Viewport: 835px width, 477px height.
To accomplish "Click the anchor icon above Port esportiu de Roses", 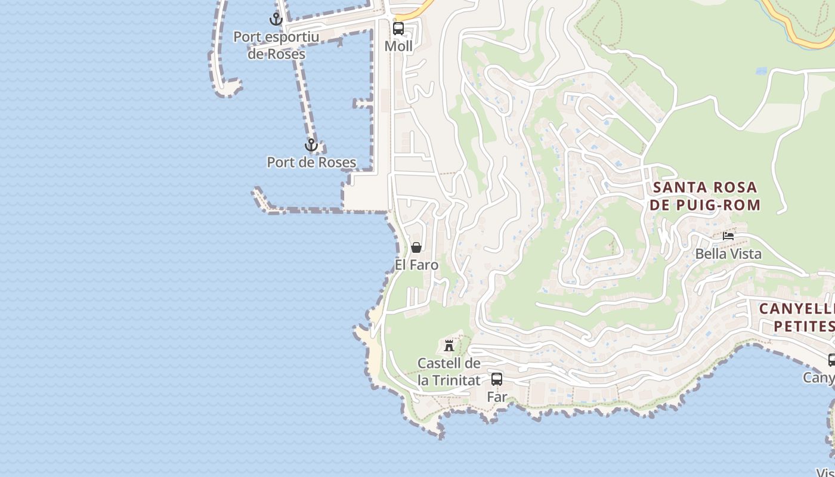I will click(x=276, y=19).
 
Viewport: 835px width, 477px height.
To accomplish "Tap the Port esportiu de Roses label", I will click(x=276, y=45).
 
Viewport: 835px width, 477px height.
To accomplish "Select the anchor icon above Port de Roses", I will click(x=311, y=145).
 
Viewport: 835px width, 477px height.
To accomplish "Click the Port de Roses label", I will click(x=311, y=162).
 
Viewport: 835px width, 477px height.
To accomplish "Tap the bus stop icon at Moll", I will click(x=398, y=28).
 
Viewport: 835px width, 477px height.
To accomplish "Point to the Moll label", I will click(x=398, y=46).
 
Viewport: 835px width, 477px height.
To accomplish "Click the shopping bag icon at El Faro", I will click(x=416, y=247).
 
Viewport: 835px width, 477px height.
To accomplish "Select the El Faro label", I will click(x=416, y=265).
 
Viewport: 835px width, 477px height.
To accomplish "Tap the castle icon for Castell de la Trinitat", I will click(x=449, y=345).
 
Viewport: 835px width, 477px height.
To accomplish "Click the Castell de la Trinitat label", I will click(x=449, y=371).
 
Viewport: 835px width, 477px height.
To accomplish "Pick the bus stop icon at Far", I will click(x=497, y=379).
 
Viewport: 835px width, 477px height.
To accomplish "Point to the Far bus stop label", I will click(x=497, y=397).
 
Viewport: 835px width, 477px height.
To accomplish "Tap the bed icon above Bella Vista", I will click(x=728, y=236).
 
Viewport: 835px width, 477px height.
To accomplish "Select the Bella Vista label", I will click(x=728, y=254).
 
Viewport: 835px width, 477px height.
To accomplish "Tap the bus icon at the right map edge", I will click(x=831, y=360).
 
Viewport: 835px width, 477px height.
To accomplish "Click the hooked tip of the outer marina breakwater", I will click(x=230, y=89).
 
